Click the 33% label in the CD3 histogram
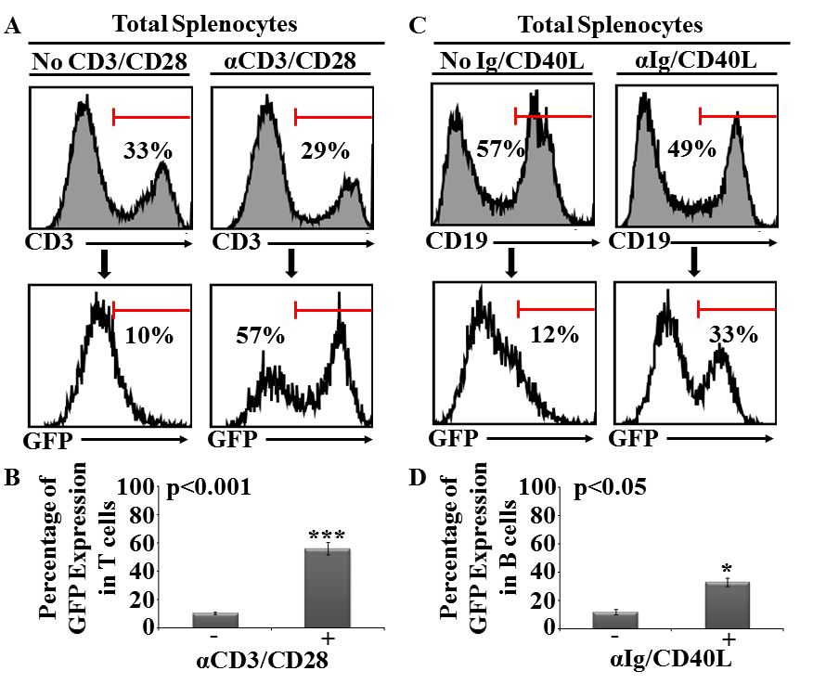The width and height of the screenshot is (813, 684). pyautogui.click(x=142, y=151)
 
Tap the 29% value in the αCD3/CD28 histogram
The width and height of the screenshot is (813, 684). pyautogui.click(x=325, y=151)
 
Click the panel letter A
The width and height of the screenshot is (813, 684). pyautogui.click(x=13, y=26)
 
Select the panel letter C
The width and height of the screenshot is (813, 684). pyautogui.click(x=419, y=26)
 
